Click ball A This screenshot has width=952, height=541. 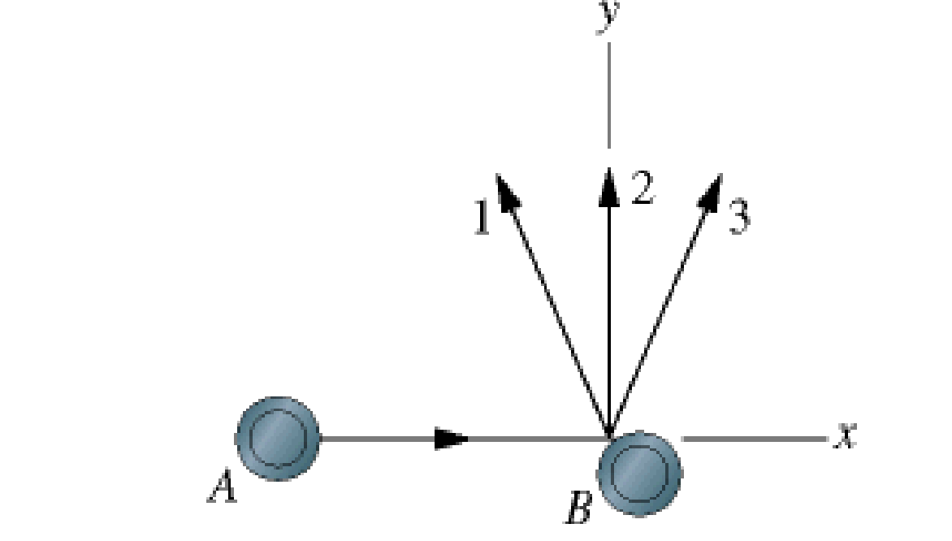[x=278, y=439]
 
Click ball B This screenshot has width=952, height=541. [x=638, y=472]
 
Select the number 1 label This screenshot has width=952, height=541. [x=482, y=218]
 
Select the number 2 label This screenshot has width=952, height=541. [x=641, y=189]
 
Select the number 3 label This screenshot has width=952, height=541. [x=738, y=218]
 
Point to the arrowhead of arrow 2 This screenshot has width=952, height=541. [x=609, y=183]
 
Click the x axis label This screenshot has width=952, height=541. [x=846, y=437]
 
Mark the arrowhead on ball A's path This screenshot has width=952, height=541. [x=452, y=439]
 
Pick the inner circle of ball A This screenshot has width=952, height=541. [x=278, y=439]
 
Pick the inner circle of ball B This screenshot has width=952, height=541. [x=638, y=472]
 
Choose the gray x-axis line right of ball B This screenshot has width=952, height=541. [x=755, y=439]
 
